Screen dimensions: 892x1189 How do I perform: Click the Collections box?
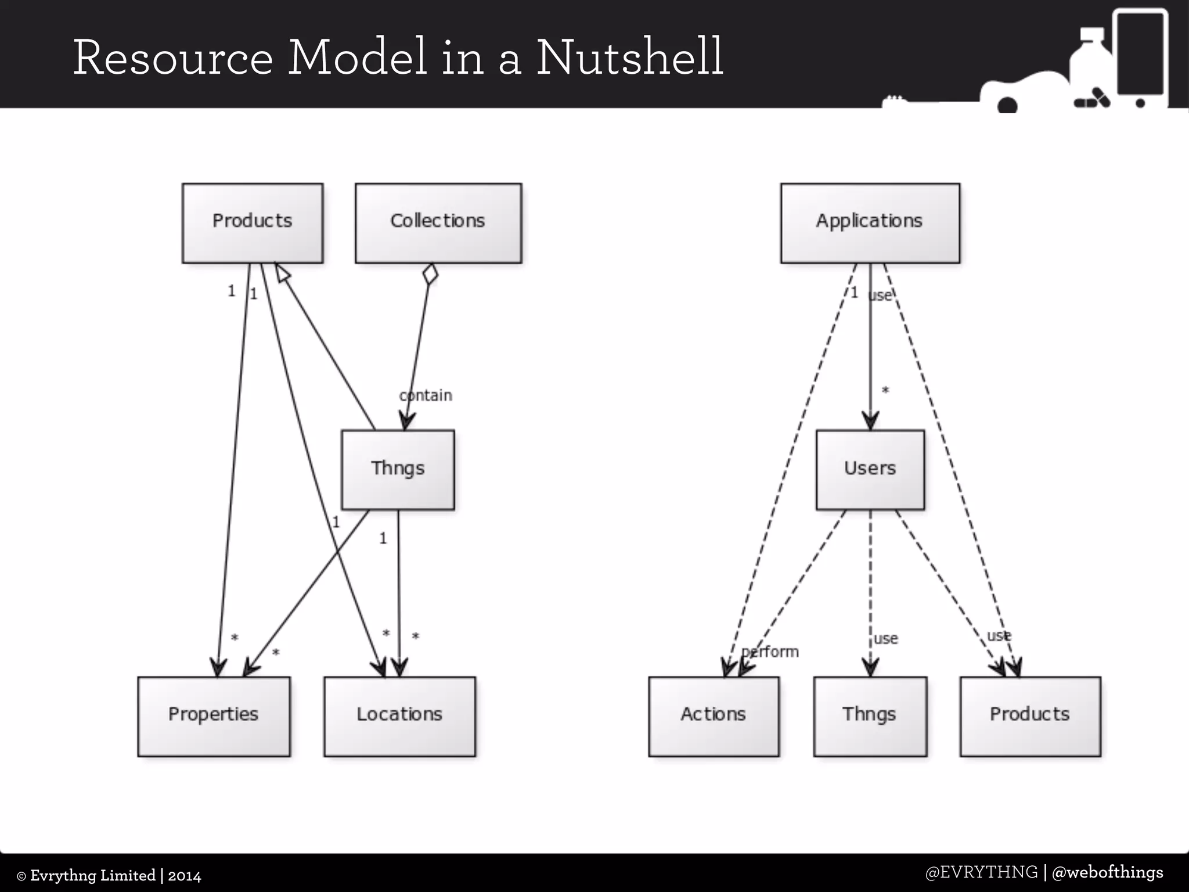point(438,223)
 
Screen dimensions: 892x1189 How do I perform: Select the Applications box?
point(870,223)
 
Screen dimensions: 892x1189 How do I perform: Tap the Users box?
point(870,469)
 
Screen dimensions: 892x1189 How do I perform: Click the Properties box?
point(214,716)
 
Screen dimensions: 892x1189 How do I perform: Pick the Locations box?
point(399,716)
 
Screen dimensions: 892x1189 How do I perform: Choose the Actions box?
point(714,716)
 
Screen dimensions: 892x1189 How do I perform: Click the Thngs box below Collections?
point(398,469)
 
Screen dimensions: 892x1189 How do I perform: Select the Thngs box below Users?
point(870,716)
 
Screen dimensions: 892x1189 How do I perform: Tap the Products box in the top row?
point(253,223)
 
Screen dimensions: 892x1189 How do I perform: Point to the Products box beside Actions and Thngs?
point(1030,716)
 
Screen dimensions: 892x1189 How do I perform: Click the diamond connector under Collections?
point(430,274)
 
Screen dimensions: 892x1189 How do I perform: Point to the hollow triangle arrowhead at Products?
point(282,274)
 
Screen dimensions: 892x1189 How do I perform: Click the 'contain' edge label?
point(426,395)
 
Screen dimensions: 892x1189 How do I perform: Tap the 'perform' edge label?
point(770,652)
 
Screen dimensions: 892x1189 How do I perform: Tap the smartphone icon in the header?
point(1140,58)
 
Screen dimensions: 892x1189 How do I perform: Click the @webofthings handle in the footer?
point(1107,872)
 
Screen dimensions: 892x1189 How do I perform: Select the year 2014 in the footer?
point(185,876)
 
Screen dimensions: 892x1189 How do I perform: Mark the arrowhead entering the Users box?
point(870,420)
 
